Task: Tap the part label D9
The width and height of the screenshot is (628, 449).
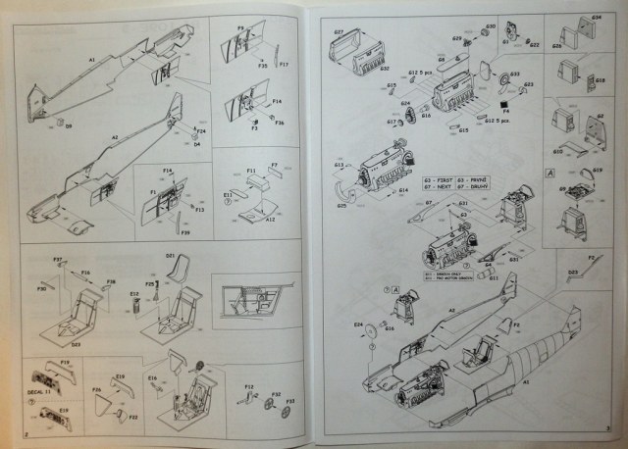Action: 69,126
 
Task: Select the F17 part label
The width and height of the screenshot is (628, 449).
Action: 284,65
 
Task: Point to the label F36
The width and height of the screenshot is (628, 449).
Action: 280,122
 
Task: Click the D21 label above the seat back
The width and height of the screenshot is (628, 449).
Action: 170,258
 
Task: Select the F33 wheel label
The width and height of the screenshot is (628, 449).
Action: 290,402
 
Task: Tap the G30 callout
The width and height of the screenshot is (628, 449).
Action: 490,15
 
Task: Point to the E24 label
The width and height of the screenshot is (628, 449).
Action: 358,324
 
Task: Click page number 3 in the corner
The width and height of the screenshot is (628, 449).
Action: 607,428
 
